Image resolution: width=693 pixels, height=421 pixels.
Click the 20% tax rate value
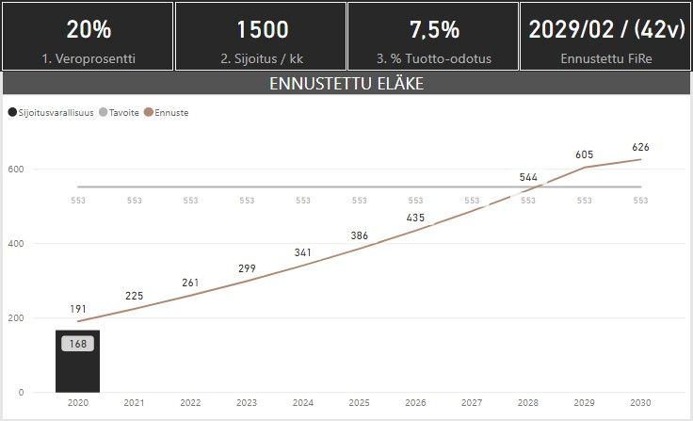89,29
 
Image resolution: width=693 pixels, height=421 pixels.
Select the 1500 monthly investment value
262,29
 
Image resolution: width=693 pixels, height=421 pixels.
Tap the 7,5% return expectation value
434,29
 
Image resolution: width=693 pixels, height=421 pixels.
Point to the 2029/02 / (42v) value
606,29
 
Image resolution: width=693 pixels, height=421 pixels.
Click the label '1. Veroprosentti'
89,58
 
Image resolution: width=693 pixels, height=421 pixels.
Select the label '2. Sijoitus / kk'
262,58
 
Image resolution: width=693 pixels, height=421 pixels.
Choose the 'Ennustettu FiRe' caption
606,58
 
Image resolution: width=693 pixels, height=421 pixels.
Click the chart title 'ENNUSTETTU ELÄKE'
346,83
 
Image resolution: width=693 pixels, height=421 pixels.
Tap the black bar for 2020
78,372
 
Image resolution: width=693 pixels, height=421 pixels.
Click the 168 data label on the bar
78,344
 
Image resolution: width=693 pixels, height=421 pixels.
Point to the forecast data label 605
585,154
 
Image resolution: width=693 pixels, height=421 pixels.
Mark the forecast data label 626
641,147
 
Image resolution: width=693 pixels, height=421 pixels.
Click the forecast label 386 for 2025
359,235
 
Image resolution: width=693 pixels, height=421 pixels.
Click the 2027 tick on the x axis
472,403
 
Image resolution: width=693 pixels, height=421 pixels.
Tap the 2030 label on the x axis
641,403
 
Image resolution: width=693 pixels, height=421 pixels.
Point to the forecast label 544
528,177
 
